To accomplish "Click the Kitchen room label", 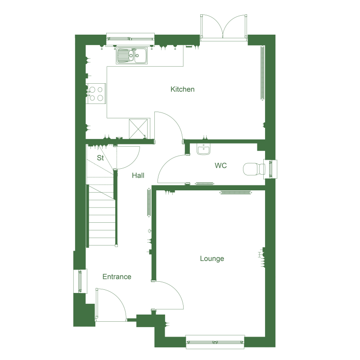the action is pos(182,89).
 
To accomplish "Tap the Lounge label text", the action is pos(212,258).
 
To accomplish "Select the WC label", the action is pos(220,165).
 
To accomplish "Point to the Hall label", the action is pos(138,175).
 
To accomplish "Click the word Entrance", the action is pos(117,276).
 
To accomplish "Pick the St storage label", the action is pos(100,158).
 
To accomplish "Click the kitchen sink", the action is pos(131,55).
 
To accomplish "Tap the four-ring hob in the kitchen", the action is pos(96,94).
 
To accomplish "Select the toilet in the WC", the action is pos(254,169).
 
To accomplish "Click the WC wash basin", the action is pos(203,149).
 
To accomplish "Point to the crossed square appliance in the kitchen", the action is pos(138,129).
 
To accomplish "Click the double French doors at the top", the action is pos(224,27).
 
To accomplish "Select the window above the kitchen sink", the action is pos(130,39).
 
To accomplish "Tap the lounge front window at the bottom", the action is pos(215,342).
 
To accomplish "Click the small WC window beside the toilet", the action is pos(271,169).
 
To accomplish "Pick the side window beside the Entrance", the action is pos(80,281).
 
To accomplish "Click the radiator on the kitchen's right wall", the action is pos(262,73).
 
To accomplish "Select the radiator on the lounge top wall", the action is pos(235,193).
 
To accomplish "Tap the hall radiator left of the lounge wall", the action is pos(149,202).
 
